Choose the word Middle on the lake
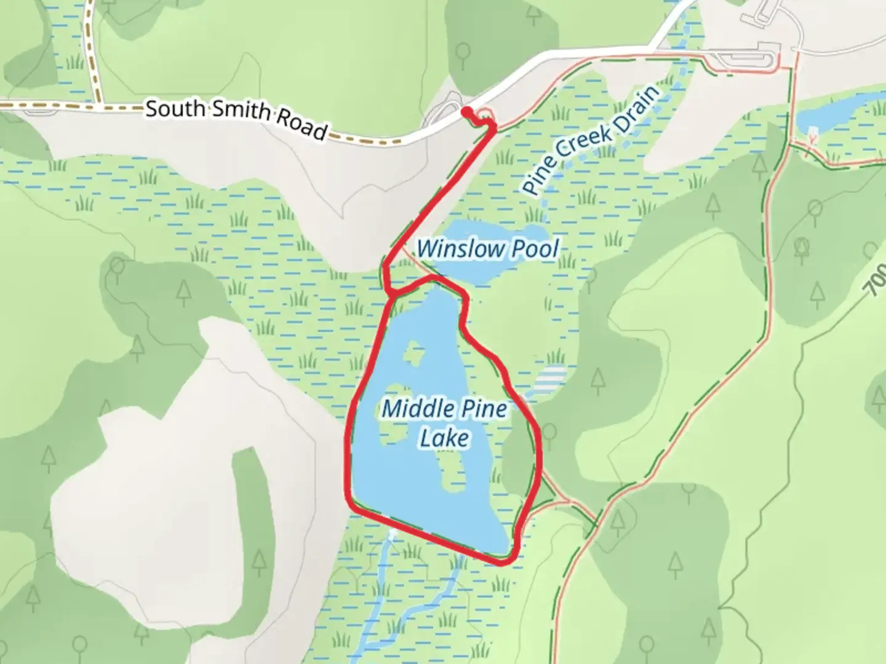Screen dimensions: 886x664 pyautogui.click(x=418, y=409)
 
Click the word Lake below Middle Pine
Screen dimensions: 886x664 pyautogui.click(x=444, y=438)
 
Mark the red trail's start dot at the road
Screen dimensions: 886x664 pyautogui.click(x=468, y=111)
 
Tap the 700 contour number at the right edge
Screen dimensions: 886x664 pyautogui.click(x=877, y=280)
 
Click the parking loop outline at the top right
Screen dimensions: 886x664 pyautogui.click(x=744, y=59)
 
